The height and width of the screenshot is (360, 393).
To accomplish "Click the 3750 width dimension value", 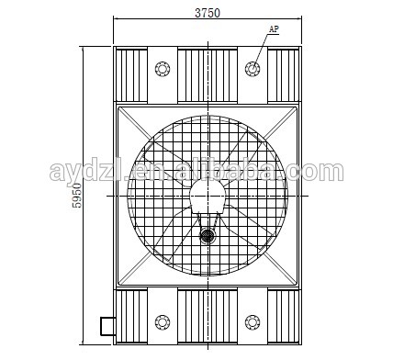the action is point(208,13).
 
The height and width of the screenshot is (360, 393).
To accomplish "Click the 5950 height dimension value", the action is point(77,196).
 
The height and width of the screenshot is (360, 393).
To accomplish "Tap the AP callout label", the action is point(274,29).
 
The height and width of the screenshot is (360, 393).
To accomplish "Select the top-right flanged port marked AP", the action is point(253,69).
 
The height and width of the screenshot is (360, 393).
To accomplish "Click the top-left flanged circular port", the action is point(163,69).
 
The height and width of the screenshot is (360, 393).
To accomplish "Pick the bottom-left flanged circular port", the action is point(163,322).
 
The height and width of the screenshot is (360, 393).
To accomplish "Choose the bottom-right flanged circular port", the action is point(253,322).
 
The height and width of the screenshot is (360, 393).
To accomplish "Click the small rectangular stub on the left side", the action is point(107,327).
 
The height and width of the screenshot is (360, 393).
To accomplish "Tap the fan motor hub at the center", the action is point(208,196).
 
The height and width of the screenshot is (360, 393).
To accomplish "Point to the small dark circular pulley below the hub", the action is point(208,236).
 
